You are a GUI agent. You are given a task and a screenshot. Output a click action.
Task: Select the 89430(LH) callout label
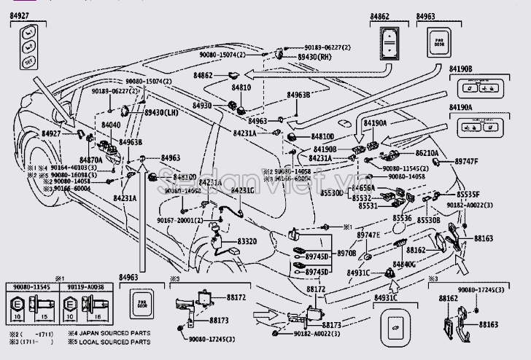click(161, 113)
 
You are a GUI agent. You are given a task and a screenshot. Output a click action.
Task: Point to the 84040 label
click(111, 125)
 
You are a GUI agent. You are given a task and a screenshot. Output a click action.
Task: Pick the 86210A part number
click(428, 154)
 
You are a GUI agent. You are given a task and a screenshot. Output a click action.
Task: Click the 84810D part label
click(322, 136)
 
